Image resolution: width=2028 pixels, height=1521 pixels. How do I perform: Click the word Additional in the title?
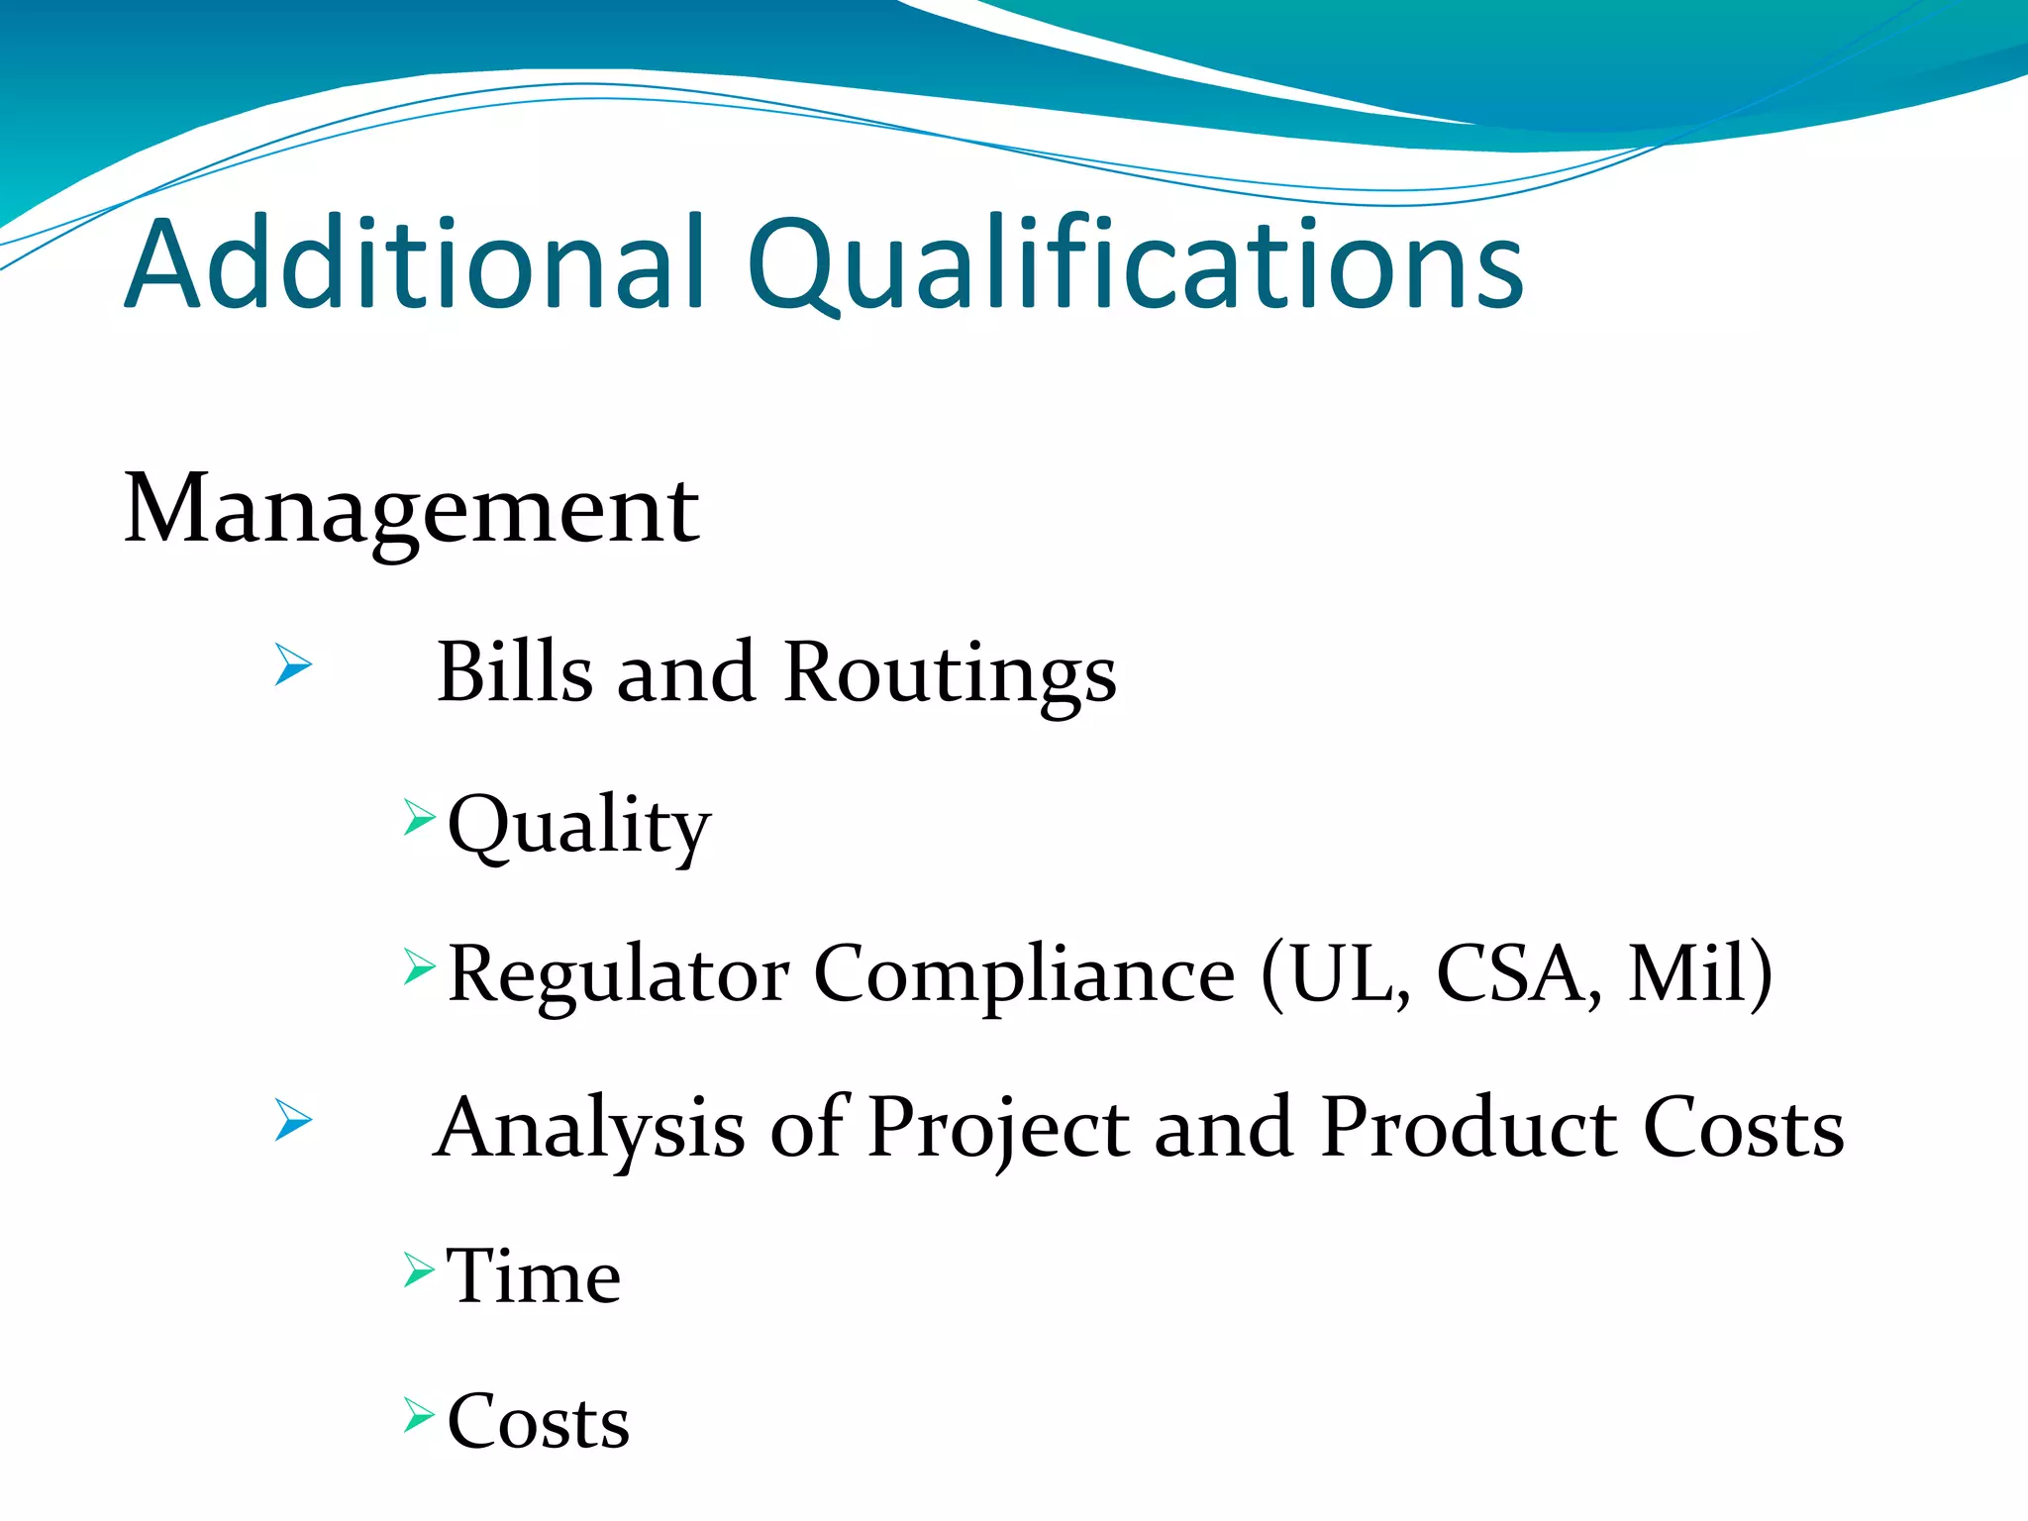pyautogui.click(x=416, y=264)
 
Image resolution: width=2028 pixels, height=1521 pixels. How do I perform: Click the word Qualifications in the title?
pyautogui.click(x=1135, y=264)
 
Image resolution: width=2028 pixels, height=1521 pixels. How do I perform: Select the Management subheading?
pyautogui.click(x=411, y=509)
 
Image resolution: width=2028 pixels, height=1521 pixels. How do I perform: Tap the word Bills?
pyautogui.click(x=515, y=672)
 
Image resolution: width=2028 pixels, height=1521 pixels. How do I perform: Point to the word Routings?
pyautogui.click(x=949, y=674)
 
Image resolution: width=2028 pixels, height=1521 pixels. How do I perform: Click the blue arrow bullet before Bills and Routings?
pyautogui.click(x=293, y=664)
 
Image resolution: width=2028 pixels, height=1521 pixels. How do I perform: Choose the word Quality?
pyautogui.click(x=579, y=826)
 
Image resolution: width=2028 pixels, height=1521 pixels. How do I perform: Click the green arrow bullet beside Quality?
pyautogui.click(x=419, y=819)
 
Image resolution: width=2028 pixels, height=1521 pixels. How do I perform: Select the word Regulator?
pyautogui.click(x=618, y=975)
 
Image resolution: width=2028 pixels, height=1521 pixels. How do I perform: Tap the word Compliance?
pyautogui.click(x=1024, y=975)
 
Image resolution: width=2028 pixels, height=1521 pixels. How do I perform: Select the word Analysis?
pyautogui.click(x=590, y=1129)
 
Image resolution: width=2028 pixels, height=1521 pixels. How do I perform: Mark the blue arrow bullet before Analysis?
pyautogui.click(x=293, y=1120)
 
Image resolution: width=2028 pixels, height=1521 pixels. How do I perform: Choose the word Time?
pyautogui.click(x=534, y=1277)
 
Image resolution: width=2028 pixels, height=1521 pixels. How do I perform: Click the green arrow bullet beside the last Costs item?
pyautogui.click(x=419, y=1416)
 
